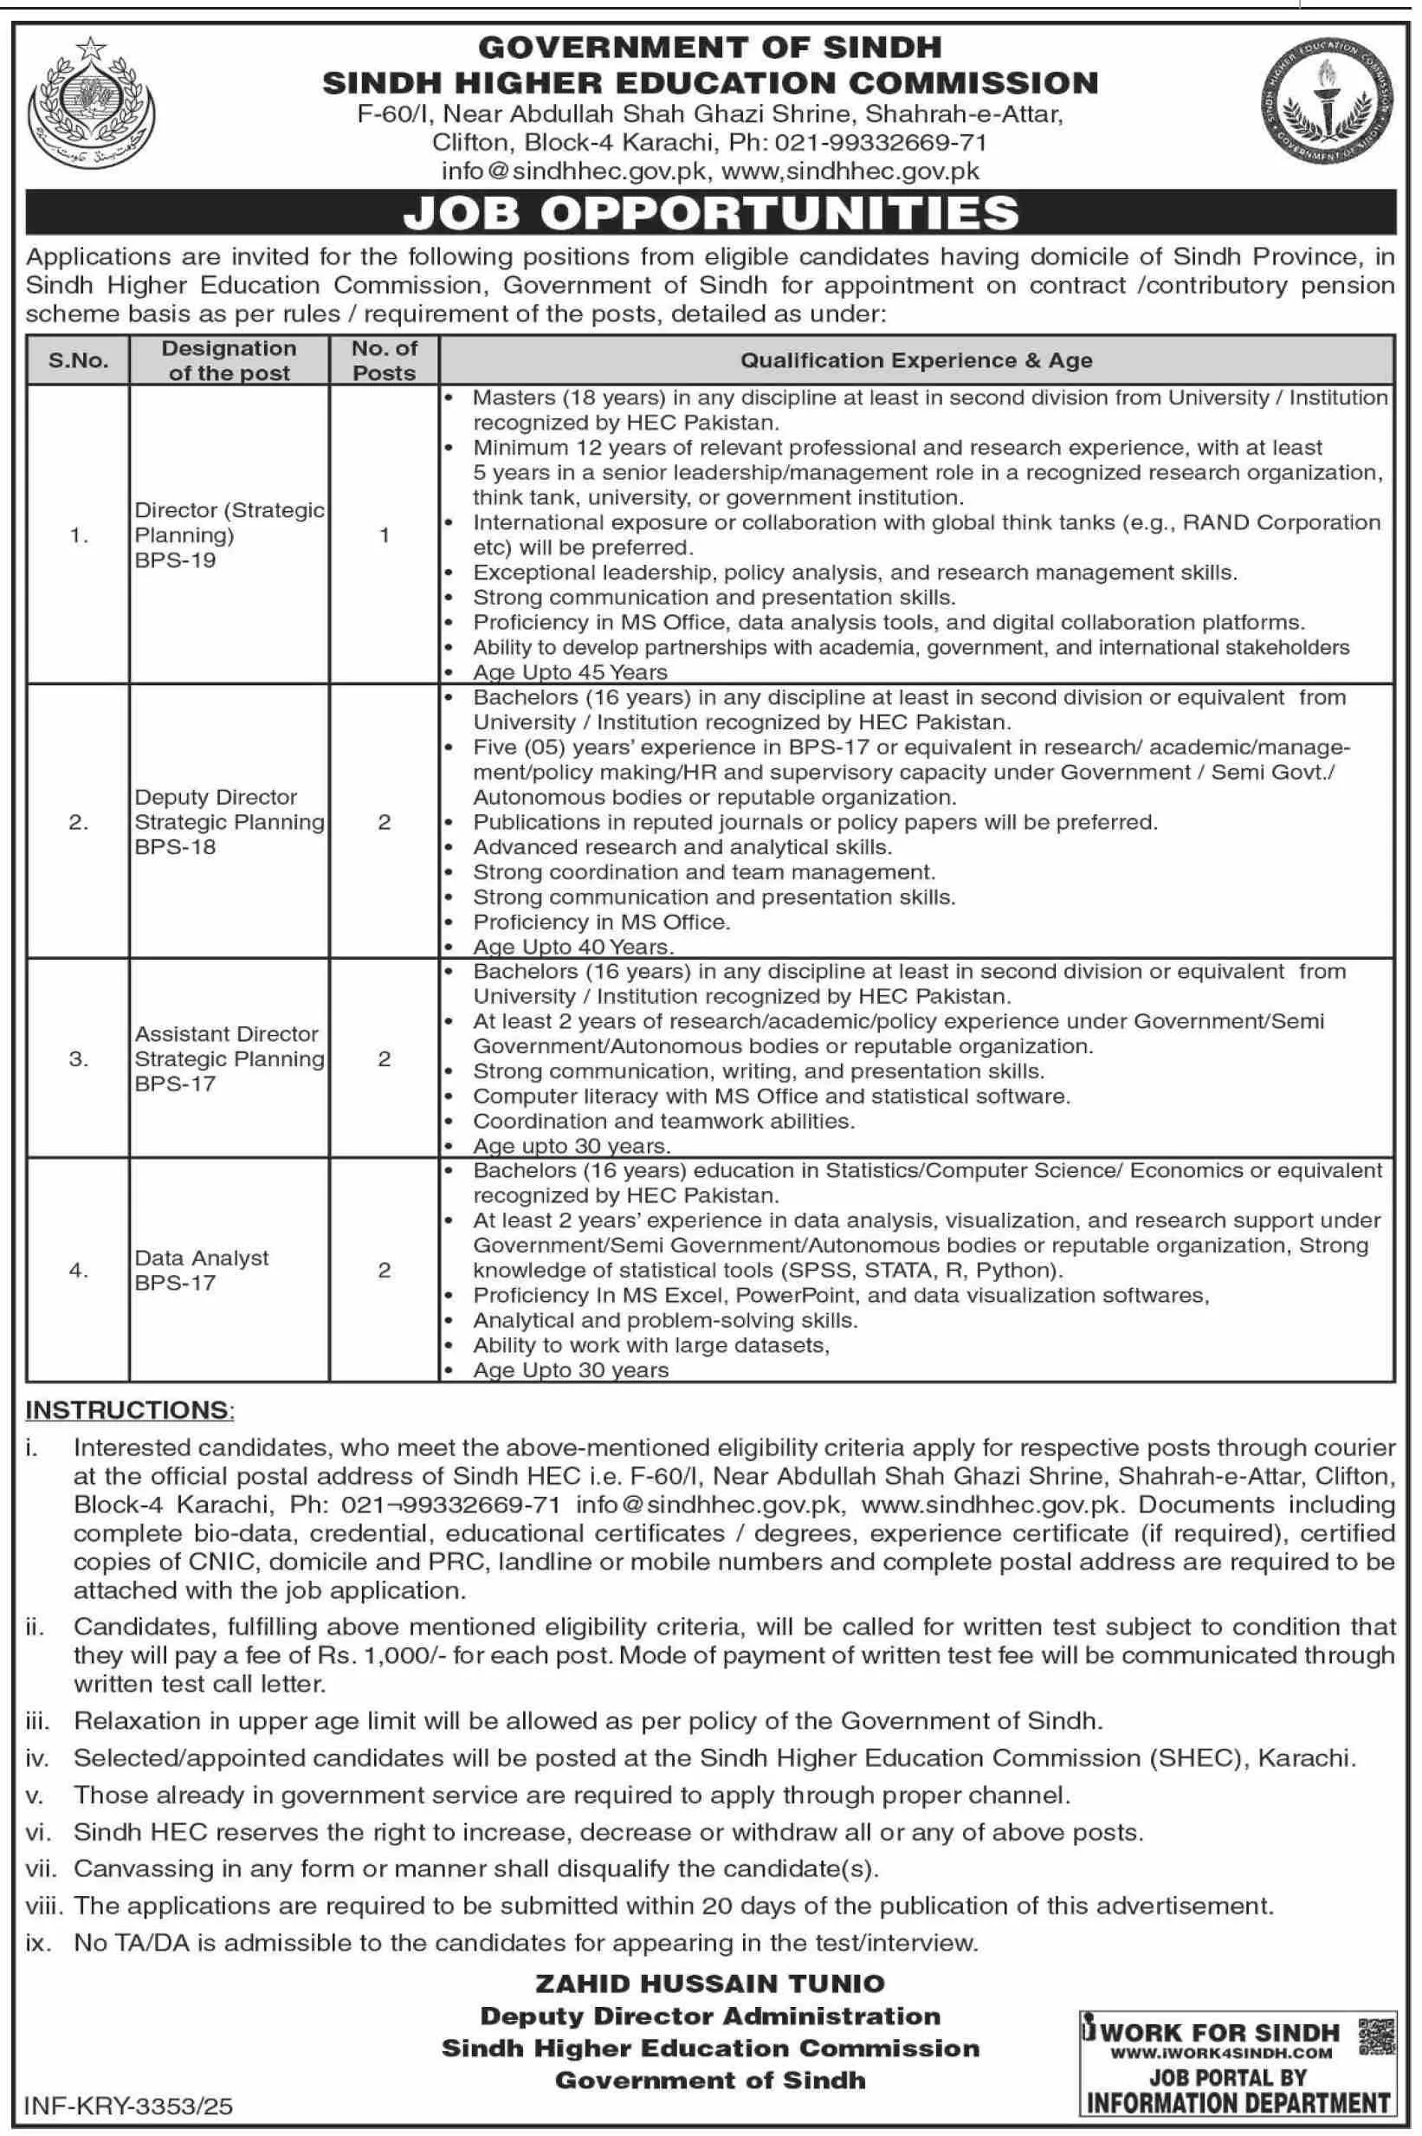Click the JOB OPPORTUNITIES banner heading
click(x=711, y=213)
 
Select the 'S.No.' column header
click(x=78, y=361)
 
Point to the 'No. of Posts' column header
click(x=384, y=361)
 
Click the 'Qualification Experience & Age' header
click(x=916, y=361)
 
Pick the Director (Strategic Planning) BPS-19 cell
click(x=229, y=535)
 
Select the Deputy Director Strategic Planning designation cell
click(x=229, y=822)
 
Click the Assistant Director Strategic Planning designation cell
click(x=229, y=1058)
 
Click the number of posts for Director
click(x=384, y=535)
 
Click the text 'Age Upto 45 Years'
click(x=570, y=672)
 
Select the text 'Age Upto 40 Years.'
click(x=573, y=947)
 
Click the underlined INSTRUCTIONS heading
click(x=128, y=1409)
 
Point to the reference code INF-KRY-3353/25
click(x=129, y=2105)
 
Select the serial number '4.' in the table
click(x=78, y=1270)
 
